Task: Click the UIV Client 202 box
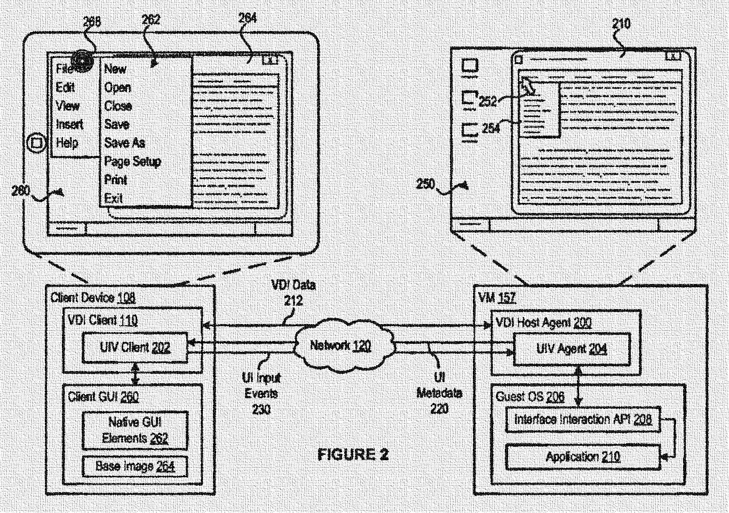134,348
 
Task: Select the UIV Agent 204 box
571,349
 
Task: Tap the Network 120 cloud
340,345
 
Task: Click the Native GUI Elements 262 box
135,430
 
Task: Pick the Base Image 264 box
135,466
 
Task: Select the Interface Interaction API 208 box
582,420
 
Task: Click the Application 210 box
582,457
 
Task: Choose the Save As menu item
124,143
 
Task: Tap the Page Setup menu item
132,161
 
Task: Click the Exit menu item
113,199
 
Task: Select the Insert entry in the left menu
69,124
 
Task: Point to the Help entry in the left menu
67,143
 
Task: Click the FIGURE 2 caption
353,454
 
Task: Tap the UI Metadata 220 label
439,393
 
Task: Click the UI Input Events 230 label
261,393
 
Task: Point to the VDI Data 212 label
293,293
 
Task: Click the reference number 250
425,184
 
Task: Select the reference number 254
490,128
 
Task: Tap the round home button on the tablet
36,143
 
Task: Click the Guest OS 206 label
529,396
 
